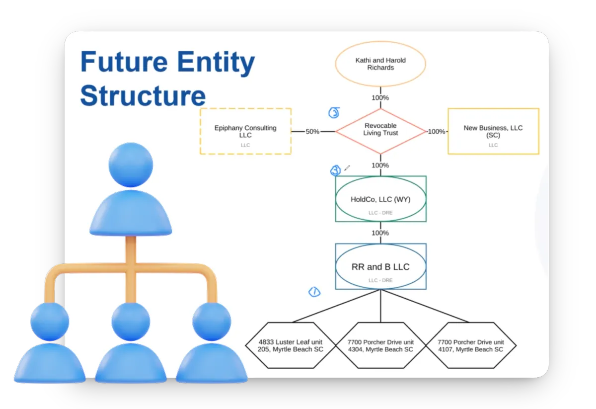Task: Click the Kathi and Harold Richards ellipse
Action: pyautogui.click(x=380, y=64)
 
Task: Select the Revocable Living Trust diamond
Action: pyautogui.click(x=380, y=131)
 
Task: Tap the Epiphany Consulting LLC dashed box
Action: pyautogui.click(x=245, y=131)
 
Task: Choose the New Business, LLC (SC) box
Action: pyautogui.click(x=493, y=131)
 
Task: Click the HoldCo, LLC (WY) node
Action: pyautogui.click(x=380, y=199)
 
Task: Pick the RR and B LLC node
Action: pyautogui.click(x=380, y=266)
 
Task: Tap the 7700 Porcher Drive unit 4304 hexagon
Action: pyautogui.click(x=380, y=346)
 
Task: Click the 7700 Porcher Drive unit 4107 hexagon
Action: pyautogui.click(x=470, y=346)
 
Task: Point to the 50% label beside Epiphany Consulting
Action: pyautogui.click(x=312, y=132)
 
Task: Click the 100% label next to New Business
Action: pyautogui.click(x=437, y=132)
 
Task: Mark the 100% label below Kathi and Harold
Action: pyautogui.click(x=380, y=98)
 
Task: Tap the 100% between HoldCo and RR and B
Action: pyautogui.click(x=380, y=233)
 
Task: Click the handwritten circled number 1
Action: pyautogui.click(x=314, y=292)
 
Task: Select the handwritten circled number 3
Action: pyautogui.click(x=336, y=171)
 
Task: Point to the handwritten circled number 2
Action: pyautogui.click(x=334, y=113)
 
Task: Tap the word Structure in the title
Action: pyautogui.click(x=143, y=95)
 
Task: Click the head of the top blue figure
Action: pyautogui.click(x=131, y=166)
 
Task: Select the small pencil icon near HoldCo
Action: pyautogui.click(x=347, y=168)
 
